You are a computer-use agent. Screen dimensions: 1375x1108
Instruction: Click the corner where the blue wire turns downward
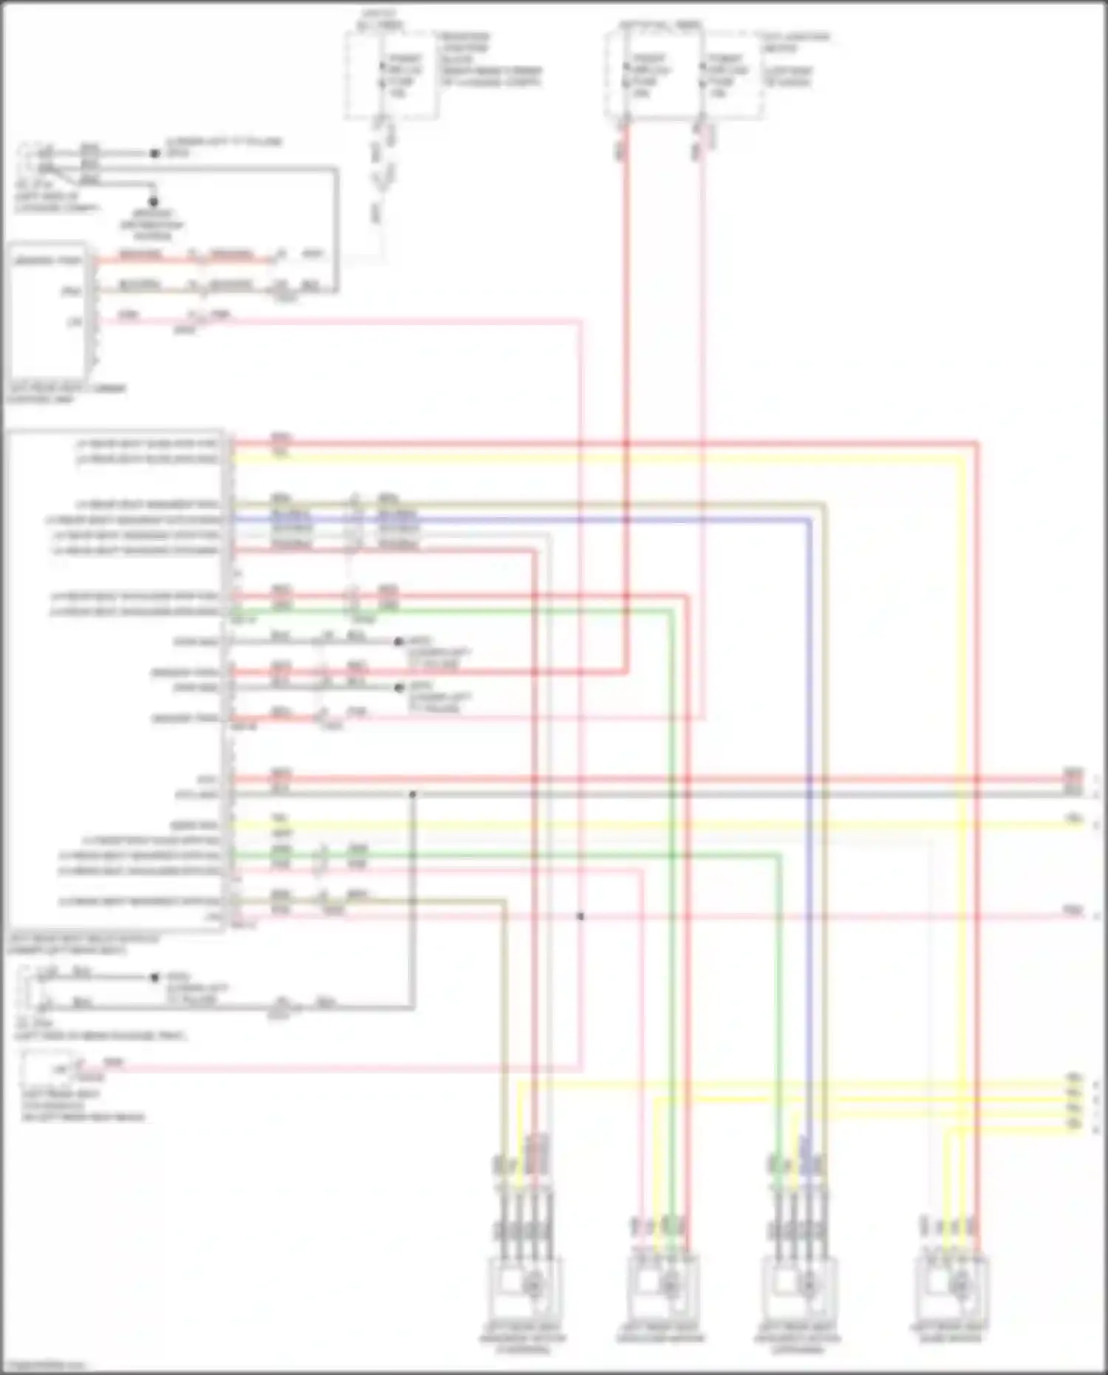pos(810,520)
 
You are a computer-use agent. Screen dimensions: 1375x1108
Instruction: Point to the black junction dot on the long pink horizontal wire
pos(581,916)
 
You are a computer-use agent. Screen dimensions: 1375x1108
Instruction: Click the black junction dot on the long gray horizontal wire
pos(413,794)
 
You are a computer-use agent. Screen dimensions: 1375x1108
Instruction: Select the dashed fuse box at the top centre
pos(391,74)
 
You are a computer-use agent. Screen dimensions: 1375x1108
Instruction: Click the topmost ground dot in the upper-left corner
pos(154,154)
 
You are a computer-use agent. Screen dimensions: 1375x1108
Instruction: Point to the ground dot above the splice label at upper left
pos(154,201)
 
